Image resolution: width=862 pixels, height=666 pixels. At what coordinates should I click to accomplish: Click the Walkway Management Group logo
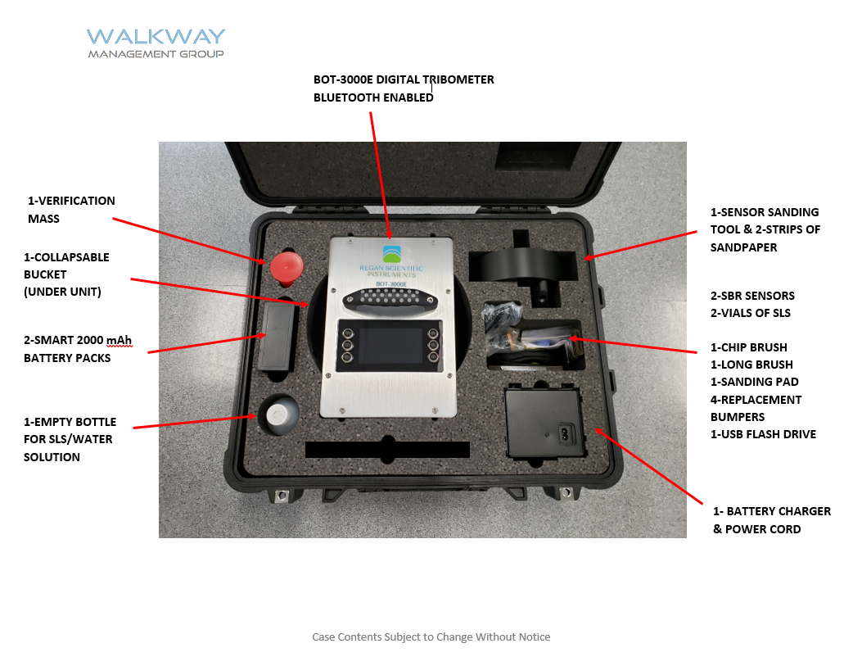[156, 43]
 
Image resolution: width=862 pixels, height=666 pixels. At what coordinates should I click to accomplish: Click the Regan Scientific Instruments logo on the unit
[392, 261]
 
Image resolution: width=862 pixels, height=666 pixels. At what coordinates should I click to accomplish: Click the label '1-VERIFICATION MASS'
[71, 210]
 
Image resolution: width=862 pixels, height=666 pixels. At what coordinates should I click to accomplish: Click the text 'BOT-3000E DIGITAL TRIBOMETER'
[404, 80]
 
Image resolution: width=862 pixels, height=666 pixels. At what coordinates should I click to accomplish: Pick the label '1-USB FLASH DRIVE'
[763, 434]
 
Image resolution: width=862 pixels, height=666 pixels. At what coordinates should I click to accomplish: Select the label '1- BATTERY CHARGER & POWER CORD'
[771, 520]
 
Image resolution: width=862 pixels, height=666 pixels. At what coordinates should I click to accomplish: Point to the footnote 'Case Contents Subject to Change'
[431, 637]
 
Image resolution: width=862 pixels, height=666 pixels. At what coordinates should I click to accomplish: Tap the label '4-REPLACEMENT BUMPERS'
[756, 408]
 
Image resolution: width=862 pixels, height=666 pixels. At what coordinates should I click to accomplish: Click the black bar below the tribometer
[386, 450]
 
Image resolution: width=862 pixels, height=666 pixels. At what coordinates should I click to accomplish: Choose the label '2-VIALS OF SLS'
[750, 313]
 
